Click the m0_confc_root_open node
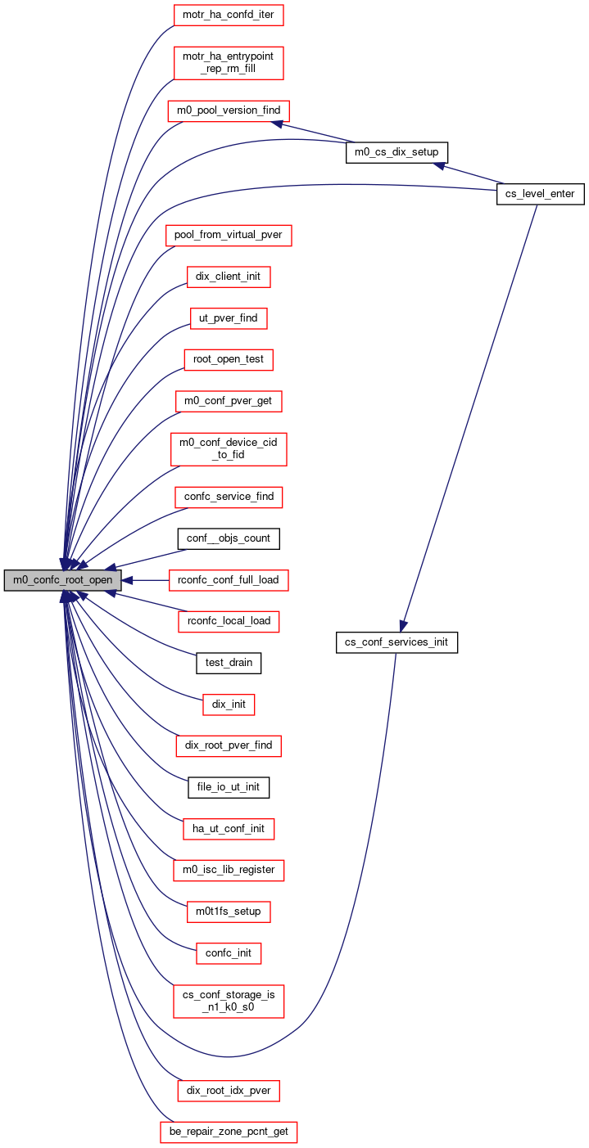click(x=62, y=580)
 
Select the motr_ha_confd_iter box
click(x=229, y=15)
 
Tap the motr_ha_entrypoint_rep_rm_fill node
click(x=229, y=62)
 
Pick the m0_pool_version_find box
click(x=229, y=110)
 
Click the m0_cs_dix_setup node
click(x=396, y=152)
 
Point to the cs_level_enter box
click(x=541, y=194)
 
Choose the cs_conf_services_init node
click(x=396, y=642)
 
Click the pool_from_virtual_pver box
click(x=229, y=235)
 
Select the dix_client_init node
click(x=229, y=277)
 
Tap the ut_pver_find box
click(x=229, y=318)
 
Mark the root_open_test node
click(x=229, y=360)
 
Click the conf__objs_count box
click(x=229, y=538)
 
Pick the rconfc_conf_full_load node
click(x=229, y=580)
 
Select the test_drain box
click(x=229, y=663)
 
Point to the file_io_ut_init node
click(x=229, y=787)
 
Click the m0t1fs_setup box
click(x=229, y=912)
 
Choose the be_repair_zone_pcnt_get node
click(x=229, y=1132)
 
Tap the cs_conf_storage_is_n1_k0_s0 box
click(x=229, y=1001)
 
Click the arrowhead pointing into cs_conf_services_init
click(x=403, y=626)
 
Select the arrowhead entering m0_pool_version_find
click(x=277, y=124)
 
